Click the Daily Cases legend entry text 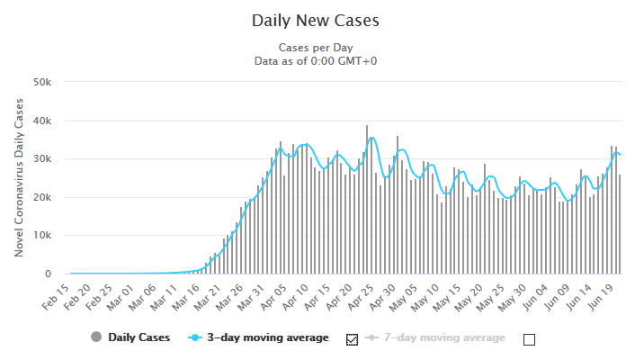(x=134, y=338)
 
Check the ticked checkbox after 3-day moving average (x=352, y=339)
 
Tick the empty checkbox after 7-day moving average (x=529, y=339)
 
